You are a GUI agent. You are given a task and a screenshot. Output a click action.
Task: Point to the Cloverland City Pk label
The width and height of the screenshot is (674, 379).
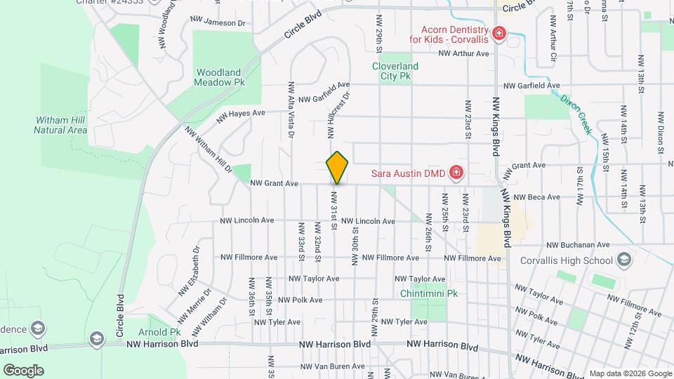click(x=395, y=71)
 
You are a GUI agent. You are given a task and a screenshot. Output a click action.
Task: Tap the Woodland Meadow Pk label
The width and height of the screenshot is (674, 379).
click(x=220, y=77)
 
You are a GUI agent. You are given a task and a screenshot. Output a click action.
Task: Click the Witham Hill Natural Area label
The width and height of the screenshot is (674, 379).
click(x=60, y=125)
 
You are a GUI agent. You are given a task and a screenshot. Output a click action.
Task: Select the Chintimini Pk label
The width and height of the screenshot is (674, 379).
click(x=428, y=293)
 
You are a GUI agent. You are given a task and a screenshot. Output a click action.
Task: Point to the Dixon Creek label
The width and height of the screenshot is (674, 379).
click(x=577, y=114)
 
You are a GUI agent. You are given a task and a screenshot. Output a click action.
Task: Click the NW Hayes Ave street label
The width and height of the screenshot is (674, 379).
click(x=241, y=113)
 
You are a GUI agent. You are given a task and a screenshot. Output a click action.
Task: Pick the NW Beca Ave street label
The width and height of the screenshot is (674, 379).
click(x=535, y=198)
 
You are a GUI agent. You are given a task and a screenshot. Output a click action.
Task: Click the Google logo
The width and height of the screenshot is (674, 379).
click(x=23, y=370)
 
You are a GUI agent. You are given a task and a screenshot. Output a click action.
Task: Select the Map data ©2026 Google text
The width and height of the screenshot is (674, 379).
click(x=630, y=373)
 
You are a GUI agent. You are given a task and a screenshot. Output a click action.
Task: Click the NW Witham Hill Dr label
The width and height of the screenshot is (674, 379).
click(x=209, y=149)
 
